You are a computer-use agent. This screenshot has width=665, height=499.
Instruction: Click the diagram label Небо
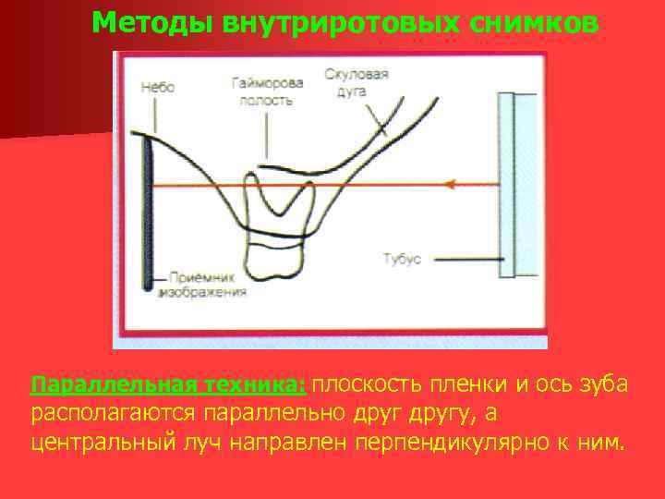[158, 87]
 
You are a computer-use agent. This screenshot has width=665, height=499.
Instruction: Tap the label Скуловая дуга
[357, 81]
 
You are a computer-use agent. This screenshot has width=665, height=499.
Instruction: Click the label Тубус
[402, 259]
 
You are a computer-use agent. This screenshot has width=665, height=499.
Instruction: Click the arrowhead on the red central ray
[451, 185]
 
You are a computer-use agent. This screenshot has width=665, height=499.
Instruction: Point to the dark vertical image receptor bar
[148, 213]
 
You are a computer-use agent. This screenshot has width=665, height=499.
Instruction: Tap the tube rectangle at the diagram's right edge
[517, 185]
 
